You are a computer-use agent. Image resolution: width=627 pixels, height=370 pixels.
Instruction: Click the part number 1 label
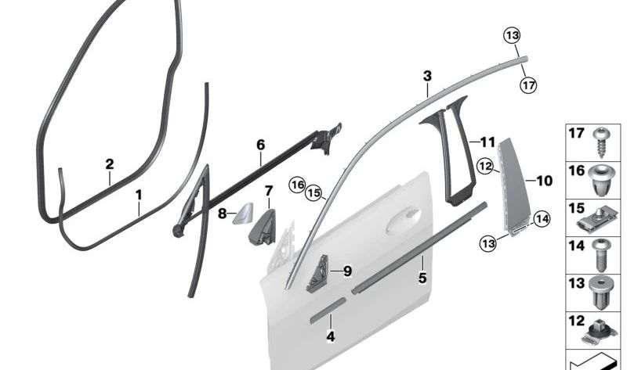(x=138, y=193)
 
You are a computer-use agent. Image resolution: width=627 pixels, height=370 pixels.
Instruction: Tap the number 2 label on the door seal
(x=110, y=164)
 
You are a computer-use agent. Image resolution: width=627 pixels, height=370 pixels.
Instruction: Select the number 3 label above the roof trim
(x=427, y=77)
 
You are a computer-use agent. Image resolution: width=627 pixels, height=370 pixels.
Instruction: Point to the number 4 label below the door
(x=331, y=336)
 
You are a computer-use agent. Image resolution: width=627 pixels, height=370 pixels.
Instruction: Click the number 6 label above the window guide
(x=261, y=145)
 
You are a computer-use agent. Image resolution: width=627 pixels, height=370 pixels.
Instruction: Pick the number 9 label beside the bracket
(x=347, y=271)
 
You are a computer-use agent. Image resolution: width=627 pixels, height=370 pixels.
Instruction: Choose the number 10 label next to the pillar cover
(x=544, y=181)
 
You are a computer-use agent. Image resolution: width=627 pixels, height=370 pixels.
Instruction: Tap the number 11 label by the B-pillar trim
(x=487, y=142)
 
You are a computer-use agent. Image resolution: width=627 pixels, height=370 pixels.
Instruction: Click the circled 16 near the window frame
(x=296, y=184)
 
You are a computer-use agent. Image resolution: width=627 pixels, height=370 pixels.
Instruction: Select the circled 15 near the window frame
(x=313, y=192)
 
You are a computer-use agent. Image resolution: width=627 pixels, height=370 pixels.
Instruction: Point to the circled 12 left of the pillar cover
(x=485, y=166)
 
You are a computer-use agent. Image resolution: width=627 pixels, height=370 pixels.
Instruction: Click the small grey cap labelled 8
(x=241, y=211)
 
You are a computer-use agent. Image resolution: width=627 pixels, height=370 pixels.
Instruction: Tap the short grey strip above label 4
(x=326, y=310)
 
